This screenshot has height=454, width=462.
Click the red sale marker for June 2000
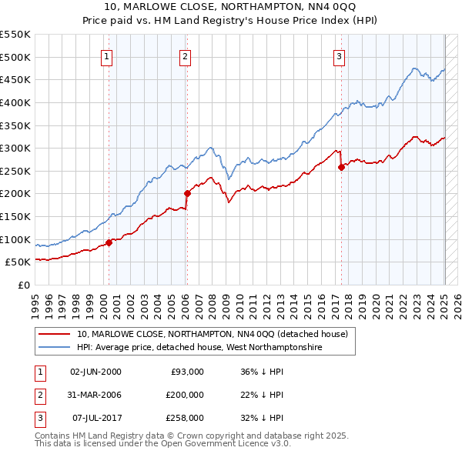coord(109,242)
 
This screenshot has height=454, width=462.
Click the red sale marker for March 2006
coord(187,194)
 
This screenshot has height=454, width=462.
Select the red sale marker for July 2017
coord(341,168)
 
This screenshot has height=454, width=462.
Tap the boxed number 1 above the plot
coord(105,55)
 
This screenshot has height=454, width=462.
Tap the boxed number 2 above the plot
coord(186,55)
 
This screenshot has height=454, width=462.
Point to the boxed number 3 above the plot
coord(339,55)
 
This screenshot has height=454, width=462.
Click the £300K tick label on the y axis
coord(15,148)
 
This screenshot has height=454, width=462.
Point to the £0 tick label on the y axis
coord(25,285)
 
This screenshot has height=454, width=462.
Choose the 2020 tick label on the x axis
coord(374,301)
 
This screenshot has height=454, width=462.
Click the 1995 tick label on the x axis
coord(35,301)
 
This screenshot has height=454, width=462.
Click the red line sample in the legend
coord(55,335)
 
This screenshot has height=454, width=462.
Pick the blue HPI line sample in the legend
coord(55,348)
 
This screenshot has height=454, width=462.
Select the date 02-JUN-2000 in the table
coord(95,372)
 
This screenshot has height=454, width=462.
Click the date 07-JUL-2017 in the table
coord(95,418)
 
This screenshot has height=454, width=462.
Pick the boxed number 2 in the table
coord(38,395)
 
